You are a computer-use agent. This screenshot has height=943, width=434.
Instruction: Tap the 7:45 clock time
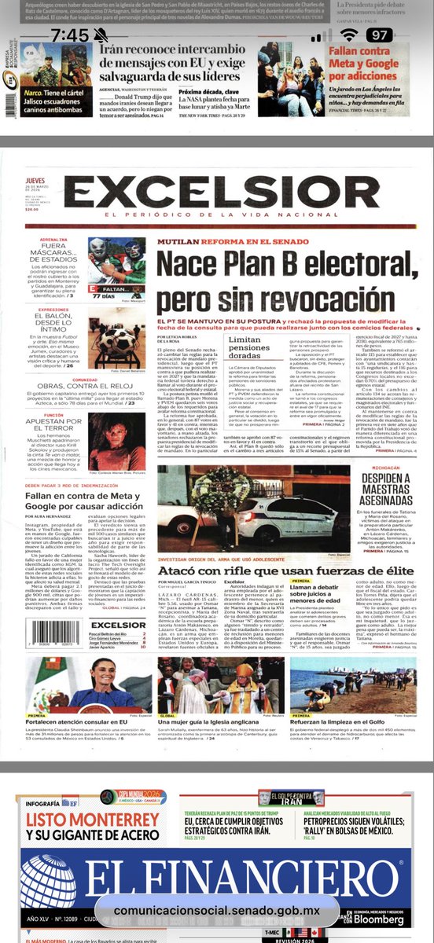pyautogui.click(x=71, y=35)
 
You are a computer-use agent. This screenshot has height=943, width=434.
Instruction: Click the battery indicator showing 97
pyautogui.click(x=378, y=35)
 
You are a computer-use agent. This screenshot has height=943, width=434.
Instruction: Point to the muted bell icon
pyautogui.click(x=101, y=35)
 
